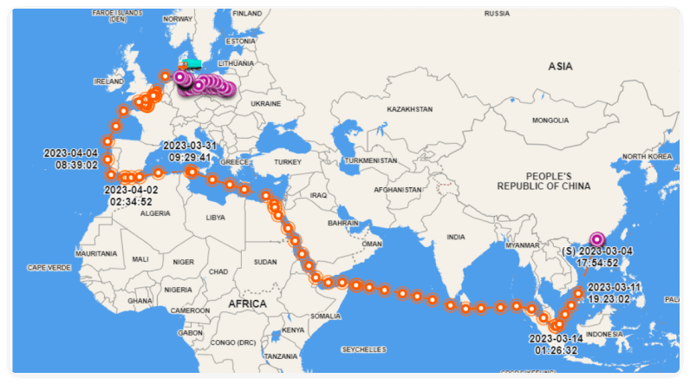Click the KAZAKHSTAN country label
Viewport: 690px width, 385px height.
[410, 109]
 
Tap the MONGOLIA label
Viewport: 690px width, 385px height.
[550, 120]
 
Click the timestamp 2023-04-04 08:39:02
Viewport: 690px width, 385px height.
[71, 159]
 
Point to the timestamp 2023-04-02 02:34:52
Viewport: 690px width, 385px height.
[132, 195]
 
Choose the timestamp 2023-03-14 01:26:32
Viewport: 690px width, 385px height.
[556, 343]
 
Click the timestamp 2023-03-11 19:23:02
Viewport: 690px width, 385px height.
[615, 293]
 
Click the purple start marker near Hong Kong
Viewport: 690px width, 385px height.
[596, 239]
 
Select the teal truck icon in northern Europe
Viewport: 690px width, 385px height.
[192, 64]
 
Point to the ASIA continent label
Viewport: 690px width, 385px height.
[561, 66]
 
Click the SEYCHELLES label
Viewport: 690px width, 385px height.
[363, 349]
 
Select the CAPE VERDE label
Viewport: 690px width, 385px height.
[49, 268]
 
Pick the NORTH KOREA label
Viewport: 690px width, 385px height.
[648, 156]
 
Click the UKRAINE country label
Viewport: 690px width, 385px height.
[265, 103]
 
